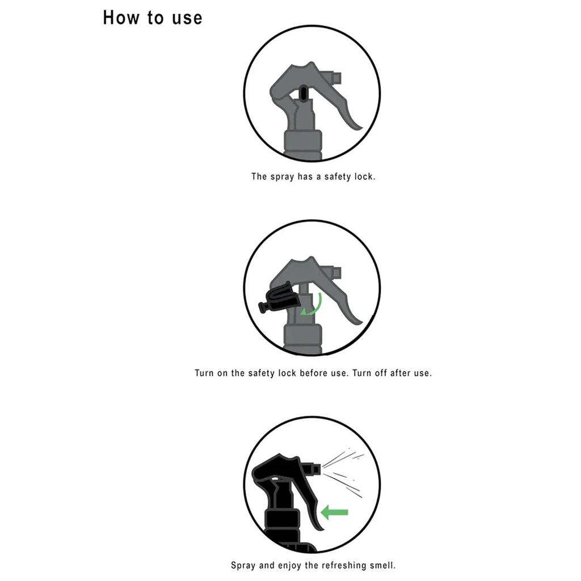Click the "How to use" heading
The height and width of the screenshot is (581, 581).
click(152, 18)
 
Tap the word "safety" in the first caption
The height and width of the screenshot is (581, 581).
click(338, 177)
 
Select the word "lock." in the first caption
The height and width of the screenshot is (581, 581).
click(365, 176)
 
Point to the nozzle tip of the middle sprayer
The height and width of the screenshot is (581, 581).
click(337, 272)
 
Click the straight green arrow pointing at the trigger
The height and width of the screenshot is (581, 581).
click(334, 513)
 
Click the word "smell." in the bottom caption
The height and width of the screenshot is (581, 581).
click(383, 566)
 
